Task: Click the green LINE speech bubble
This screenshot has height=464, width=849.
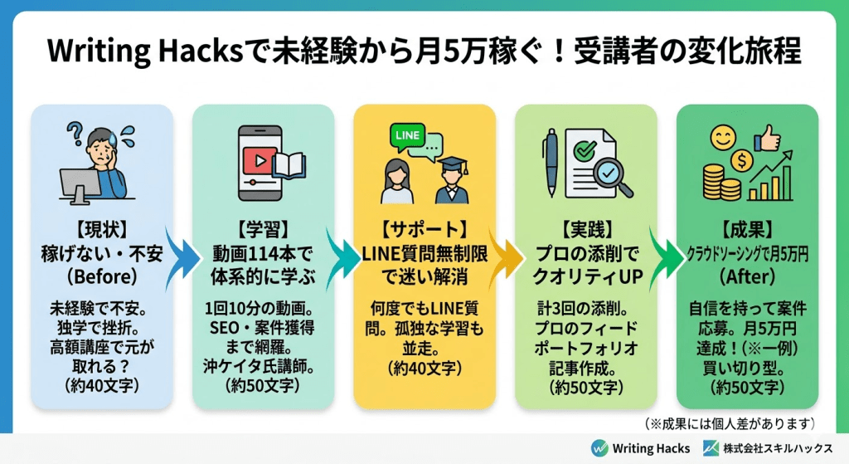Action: point(408,136)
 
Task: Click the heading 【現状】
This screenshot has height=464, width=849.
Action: point(102,227)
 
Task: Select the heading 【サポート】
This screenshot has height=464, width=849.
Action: point(424,227)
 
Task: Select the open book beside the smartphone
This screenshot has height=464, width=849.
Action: point(290,165)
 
